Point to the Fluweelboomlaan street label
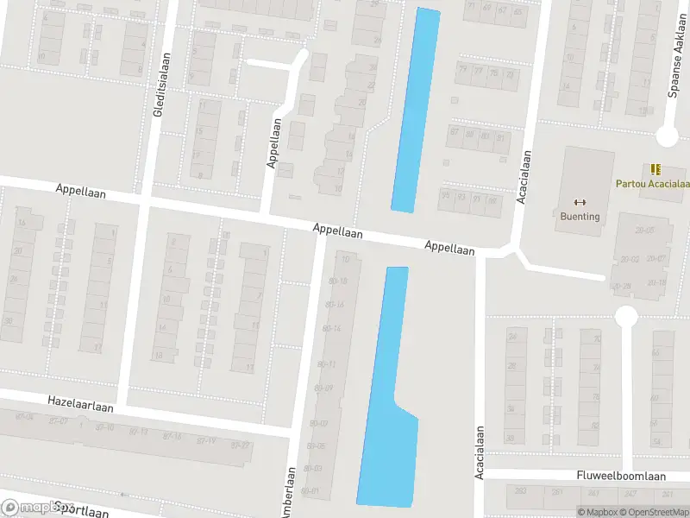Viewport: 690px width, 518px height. [620, 476]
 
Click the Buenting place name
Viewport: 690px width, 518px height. [580, 217]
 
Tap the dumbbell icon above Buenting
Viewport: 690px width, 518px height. [580, 202]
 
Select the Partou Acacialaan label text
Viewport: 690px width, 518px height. [652, 183]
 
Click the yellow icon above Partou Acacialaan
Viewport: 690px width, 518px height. [655, 169]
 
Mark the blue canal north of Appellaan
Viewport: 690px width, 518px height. [415, 110]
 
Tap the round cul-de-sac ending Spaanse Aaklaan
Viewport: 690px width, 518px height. [667, 136]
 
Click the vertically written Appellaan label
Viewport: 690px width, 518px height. [273, 143]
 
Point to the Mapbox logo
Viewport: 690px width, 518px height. [34, 508]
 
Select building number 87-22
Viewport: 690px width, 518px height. [59, 420]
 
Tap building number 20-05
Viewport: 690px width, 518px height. [644, 230]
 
